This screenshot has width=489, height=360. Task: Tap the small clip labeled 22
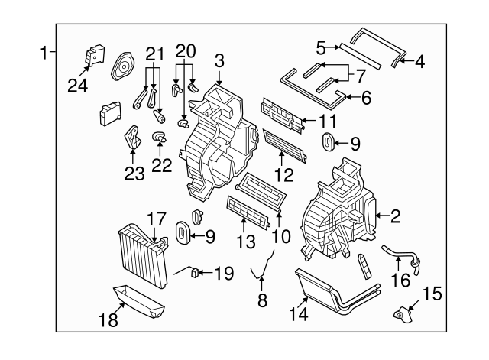(160, 138)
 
